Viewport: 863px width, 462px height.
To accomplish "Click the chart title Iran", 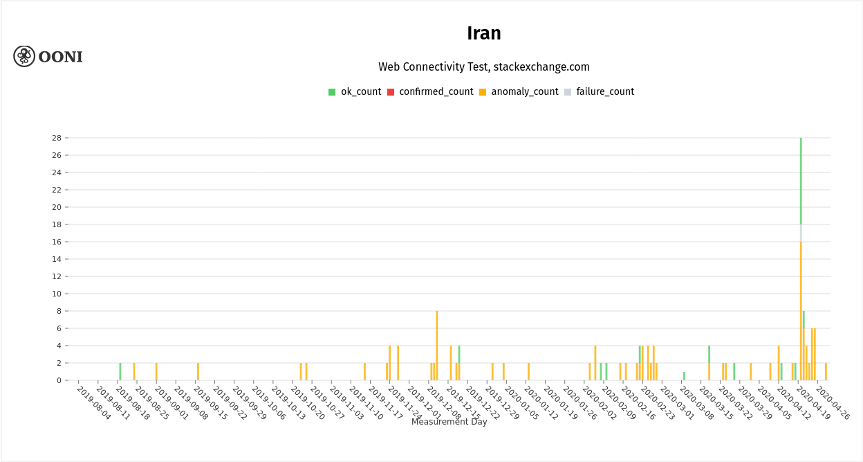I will click(x=483, y=33).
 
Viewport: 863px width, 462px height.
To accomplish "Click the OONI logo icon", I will click(x=24, y=56).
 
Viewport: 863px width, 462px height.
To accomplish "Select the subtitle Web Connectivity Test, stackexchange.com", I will click(x=483, y=67).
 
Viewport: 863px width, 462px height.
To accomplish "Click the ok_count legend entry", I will click(x=355, y=91).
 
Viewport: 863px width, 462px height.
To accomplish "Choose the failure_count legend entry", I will click(x=599, y=91).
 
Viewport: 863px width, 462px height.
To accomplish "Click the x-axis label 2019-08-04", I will click(x=94, y=402).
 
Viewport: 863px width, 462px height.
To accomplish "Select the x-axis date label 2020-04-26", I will click(x=833, y=402).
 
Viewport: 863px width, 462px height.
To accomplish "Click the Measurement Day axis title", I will click(x=449, y=422).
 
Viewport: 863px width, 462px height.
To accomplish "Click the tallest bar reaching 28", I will click(x=801, y=180).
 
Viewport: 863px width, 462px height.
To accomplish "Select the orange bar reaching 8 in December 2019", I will click(x=437, y=346).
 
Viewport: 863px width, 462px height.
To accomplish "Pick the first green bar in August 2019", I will click(x=120, y=372).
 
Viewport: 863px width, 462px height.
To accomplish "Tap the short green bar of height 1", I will click(x=684, y=376).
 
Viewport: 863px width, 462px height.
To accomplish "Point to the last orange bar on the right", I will click(x=826, y=372).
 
